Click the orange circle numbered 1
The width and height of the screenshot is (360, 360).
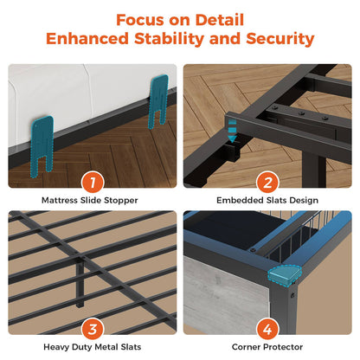coord(93,183)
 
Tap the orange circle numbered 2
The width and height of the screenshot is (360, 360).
coord(267,183)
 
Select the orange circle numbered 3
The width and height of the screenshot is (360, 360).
coord(93,329)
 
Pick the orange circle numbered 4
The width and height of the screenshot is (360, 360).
coord(267,329)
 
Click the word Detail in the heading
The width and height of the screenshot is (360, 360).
coord(220,20)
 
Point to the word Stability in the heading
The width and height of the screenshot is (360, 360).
coord(170,39)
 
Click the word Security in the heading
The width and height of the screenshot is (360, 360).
coord(280,39)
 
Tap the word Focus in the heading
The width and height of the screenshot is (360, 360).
coord(140,20)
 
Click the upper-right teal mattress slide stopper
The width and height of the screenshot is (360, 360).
coord(158,100)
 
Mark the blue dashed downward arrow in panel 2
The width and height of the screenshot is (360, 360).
coord(232,132)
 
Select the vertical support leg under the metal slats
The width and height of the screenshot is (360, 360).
coord(80,283)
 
